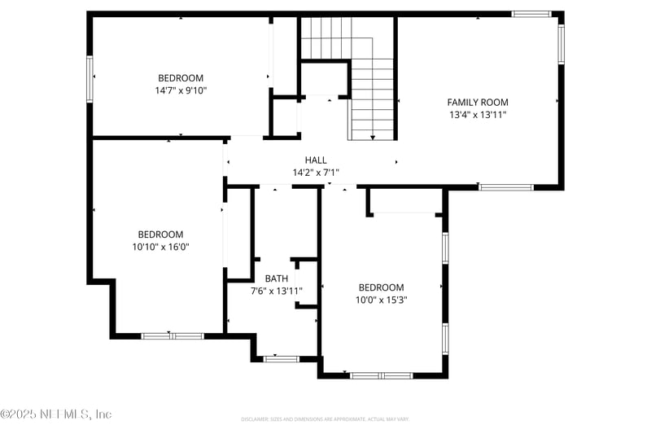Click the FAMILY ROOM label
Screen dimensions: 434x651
[478, 102]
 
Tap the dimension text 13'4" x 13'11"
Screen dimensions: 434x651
[478, 115]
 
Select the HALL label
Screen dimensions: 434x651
[316, 160]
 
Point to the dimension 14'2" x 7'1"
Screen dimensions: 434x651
[316, 173]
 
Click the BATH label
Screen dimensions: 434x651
[276, 278]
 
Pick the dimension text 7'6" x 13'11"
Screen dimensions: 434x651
[276, 292]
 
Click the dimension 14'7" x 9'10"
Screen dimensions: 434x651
[181, 90]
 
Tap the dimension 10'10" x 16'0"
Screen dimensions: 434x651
[160, 247]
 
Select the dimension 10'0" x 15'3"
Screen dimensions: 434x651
[382, 300]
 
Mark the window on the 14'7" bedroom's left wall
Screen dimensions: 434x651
[90, 77]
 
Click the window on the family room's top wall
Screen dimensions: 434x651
[531, 14]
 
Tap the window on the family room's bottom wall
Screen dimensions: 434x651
[505, 187]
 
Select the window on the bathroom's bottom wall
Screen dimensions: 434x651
[281, 357]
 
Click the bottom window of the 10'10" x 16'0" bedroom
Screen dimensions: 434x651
[173, 335]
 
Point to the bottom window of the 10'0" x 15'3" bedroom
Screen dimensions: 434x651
[382, 375]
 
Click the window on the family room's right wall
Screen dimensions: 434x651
[561, 42]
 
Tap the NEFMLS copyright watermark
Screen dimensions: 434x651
[55, 414]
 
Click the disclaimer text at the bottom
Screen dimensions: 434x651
[325, 419]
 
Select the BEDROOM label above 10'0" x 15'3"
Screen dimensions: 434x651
[382, 287]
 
